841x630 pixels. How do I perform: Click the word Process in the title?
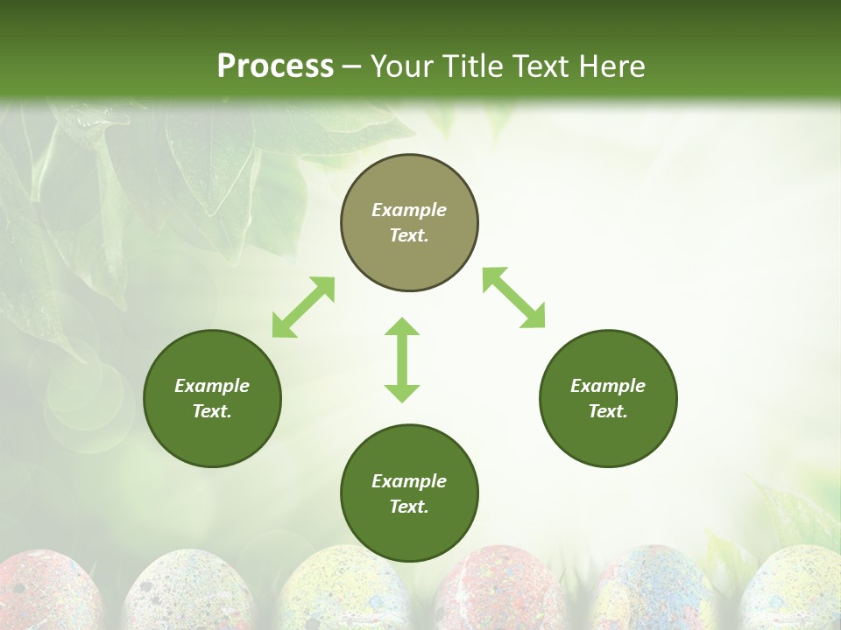tap(275, 66)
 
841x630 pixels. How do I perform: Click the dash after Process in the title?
tap(351, 67)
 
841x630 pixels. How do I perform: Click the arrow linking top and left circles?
tap(303, 307)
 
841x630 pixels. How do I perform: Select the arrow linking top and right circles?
tap(514, 297)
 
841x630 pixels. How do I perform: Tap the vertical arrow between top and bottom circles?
tap(402, 360)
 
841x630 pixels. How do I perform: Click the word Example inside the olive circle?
tap(409, 210)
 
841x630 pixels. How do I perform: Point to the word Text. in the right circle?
tap(608, 411)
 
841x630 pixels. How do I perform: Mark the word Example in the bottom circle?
tap(409, 481)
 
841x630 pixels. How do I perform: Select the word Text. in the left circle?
tap(212, 411)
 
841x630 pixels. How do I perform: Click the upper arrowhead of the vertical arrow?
tap(402, 326)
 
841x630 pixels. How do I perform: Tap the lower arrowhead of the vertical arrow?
tap(402, 393)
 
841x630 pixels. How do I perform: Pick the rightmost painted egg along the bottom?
tap(793, 591)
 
